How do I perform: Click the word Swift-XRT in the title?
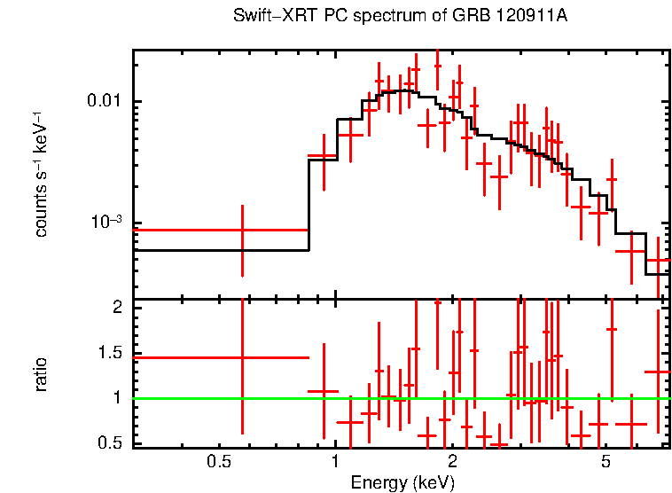[263, 17]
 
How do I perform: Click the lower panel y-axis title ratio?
[41, 374]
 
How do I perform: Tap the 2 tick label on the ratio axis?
[115, 308]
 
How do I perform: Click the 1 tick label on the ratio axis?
[115, 398]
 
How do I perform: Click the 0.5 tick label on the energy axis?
[218, 462]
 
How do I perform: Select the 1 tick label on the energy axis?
[335, 462]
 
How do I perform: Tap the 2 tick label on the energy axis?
[451, 462]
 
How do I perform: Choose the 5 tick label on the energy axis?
[606, 462]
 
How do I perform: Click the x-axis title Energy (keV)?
[402, 482]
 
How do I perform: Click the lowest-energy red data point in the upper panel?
[242, 231]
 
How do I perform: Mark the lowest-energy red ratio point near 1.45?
[242, 357]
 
